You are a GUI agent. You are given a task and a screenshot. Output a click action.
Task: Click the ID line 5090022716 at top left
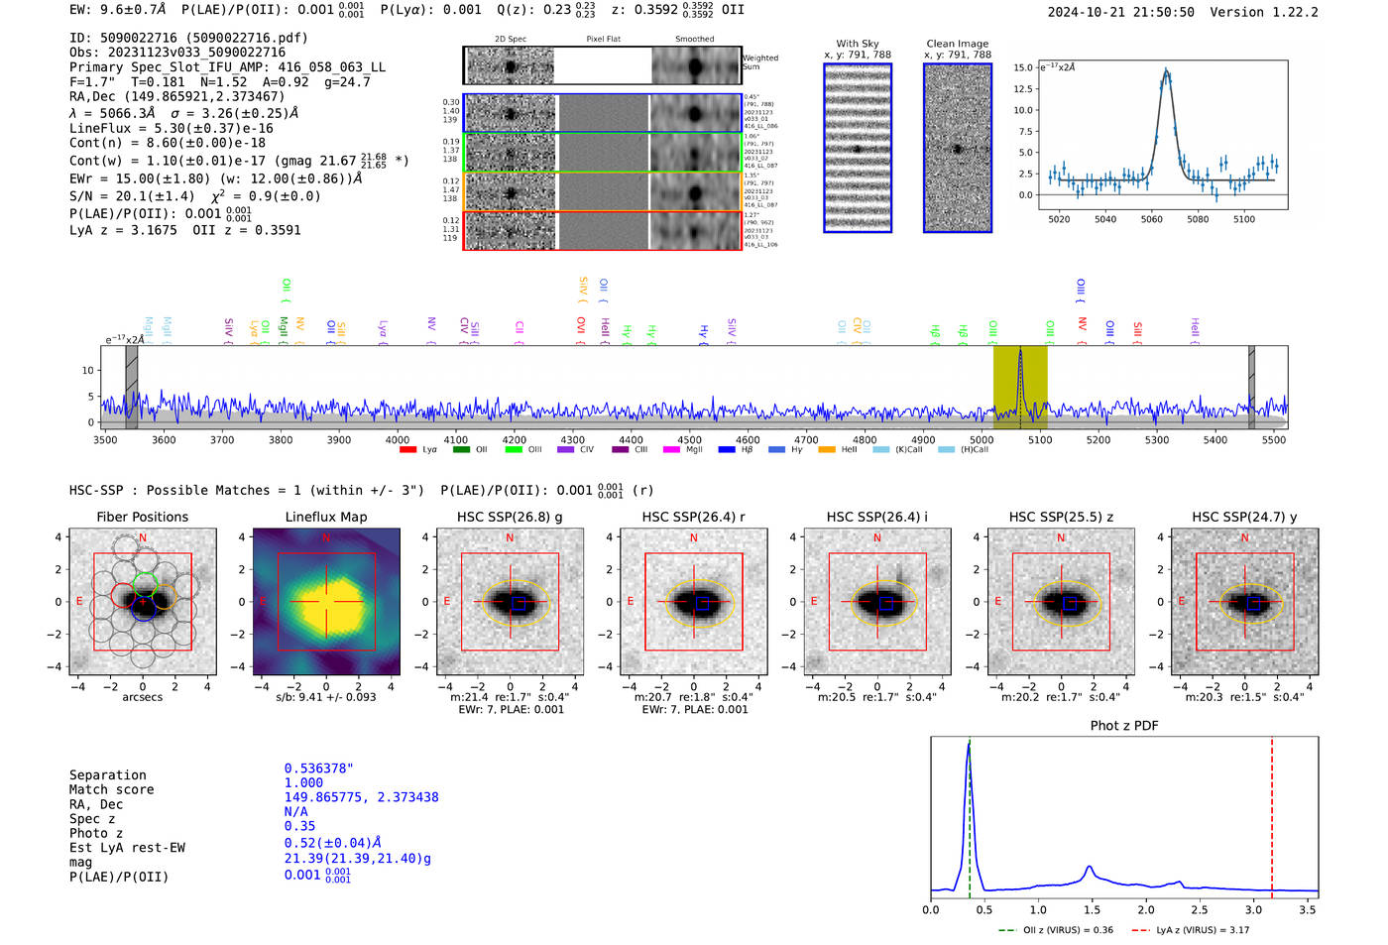(x=188, y=38)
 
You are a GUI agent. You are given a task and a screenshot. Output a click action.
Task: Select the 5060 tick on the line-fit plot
(x=1151, y=219)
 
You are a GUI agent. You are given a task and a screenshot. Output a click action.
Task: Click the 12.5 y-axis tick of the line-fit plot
(x=1024, y=89)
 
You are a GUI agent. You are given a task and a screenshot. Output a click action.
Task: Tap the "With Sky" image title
(x=857, y=44)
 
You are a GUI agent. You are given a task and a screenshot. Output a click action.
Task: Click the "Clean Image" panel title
(x=957, y=44)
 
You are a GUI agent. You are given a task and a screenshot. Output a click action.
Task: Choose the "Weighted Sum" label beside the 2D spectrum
(x=760, y=62)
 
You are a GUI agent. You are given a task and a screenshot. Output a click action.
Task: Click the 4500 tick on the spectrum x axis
(x=689, y=439)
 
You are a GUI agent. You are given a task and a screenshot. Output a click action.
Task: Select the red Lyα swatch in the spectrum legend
(x=407, y=450)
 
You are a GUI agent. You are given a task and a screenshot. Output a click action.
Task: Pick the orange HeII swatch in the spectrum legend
(x=827, y=450)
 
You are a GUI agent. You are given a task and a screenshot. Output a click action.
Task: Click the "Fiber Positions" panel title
(x=142, y=517)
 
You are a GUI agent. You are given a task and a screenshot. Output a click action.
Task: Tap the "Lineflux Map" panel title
(x=325, y=517)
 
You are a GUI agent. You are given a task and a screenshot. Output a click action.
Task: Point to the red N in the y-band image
(x=1244, y=538)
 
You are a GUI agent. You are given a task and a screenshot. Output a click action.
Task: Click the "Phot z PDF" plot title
(x=1124, y=726)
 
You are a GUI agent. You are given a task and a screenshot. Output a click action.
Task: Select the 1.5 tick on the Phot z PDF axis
(x=1092, y=909)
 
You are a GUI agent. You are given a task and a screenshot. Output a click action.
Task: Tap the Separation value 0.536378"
(x=318, y=768)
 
